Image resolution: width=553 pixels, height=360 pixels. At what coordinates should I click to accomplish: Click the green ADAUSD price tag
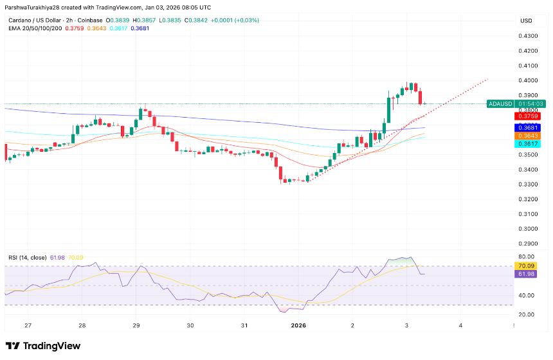[499, 104]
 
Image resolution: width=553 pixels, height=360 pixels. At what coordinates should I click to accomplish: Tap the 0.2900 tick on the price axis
[529, 244]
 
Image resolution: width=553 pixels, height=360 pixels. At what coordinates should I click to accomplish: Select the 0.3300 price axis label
[529, 184]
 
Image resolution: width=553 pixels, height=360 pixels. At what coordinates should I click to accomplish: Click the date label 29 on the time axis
[136, 326]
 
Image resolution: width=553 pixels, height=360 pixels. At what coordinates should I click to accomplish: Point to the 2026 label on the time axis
[298, 326]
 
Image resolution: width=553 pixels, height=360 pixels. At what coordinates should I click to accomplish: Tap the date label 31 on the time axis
[244, 326]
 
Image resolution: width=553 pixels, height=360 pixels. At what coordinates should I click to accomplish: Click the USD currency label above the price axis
[525, 21]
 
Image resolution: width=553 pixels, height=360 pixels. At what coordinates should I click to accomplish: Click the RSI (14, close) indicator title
[27, 258]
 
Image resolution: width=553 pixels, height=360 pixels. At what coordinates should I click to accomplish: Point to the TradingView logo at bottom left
[43, 346]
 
